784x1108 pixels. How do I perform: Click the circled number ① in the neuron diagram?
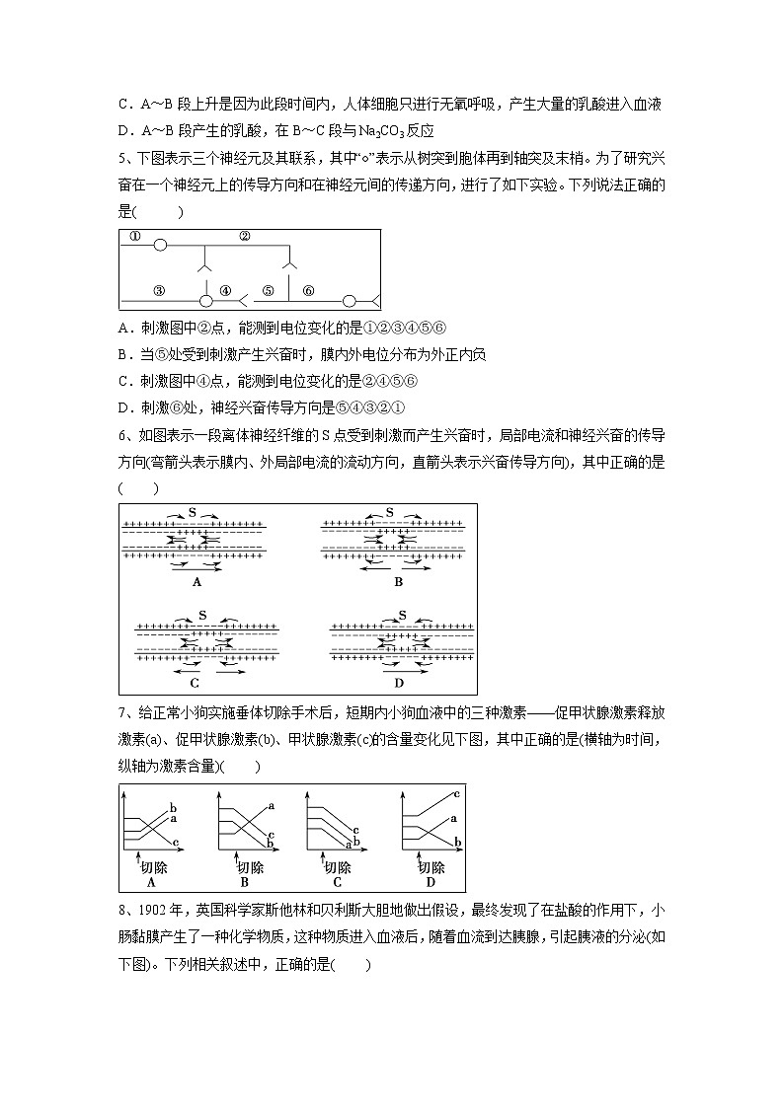click(x=135, y=237)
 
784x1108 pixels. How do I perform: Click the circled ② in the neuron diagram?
click(x=245, y=237)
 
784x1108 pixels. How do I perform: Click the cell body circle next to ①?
click(x=160, y=246)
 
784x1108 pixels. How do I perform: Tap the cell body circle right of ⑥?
click(x=349, y=300)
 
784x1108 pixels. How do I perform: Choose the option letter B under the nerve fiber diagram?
click(x=399, y=582)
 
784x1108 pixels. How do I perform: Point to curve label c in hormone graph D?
click(x=456, y=793)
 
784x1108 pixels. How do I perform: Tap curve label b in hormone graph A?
click(x=173, y=806)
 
